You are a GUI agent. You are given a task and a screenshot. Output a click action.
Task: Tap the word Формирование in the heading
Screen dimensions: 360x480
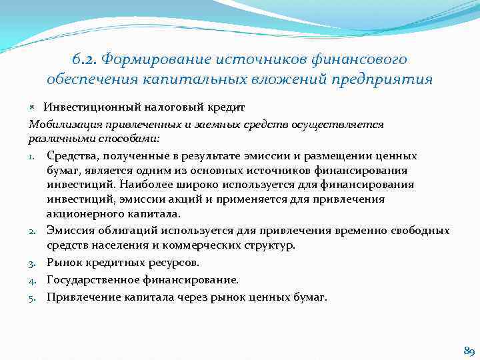pyautogui.click(x=154, y=60)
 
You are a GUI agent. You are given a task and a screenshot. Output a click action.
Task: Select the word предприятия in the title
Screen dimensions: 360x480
pyautogui.click(x=388, y=79)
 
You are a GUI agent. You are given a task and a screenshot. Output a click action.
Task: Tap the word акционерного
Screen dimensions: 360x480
pyautogui.click(x=82, y=214)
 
